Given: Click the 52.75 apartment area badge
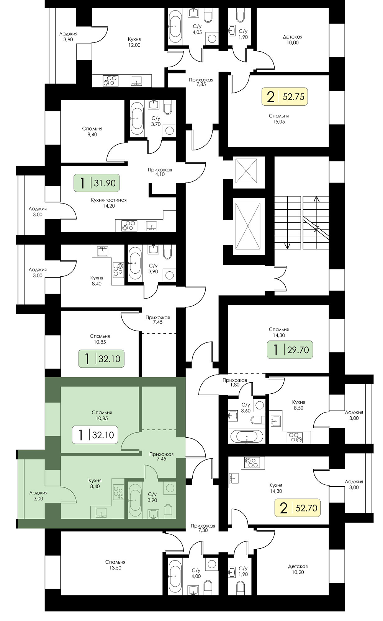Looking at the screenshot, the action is (285, 97).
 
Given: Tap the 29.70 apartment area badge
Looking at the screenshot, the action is (290, 350).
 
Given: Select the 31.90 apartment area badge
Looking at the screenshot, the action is (97, 183).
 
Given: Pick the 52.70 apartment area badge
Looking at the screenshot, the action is (297, 508).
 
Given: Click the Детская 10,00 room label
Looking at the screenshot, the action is (293, 40).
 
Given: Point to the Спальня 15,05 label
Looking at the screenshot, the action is (279, 119).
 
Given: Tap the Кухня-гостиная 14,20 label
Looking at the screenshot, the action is (108, 203).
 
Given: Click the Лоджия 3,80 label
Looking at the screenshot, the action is (68, 37).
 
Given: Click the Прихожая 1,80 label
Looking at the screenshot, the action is (234, 382).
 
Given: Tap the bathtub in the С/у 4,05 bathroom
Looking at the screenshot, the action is (175, 26).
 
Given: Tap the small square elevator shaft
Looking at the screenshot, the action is (246, 171).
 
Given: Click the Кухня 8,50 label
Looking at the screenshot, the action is (298, 405).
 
